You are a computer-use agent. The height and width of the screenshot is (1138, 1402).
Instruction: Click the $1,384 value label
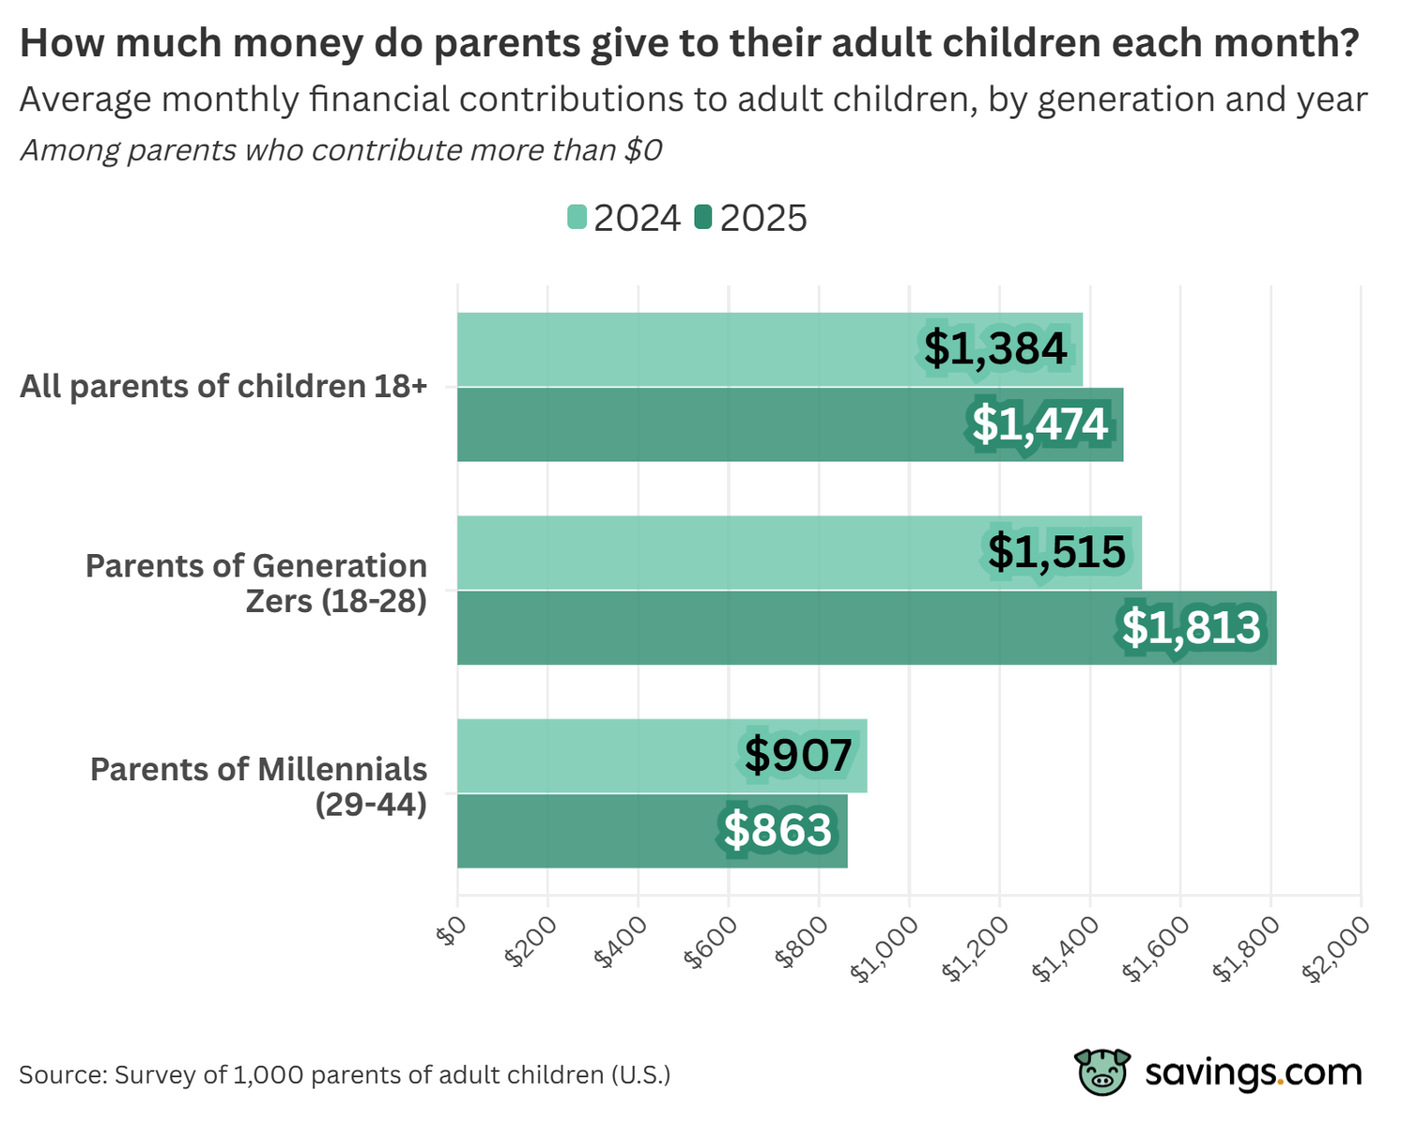(x=995, y=349)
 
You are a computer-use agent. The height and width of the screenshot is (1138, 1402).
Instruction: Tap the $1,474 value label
(x=1040, y=424)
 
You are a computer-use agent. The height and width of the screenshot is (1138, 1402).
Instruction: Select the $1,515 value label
(x=1056, y=551)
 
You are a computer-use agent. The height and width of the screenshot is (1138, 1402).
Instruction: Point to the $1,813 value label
(x=1191, y=627)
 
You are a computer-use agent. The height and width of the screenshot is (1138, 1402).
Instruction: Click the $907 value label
(x=798, y=755)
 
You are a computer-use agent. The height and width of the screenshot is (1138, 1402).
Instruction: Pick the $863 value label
(x=778, y=830)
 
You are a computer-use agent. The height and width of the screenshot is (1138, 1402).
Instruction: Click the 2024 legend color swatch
(x=577, y=218)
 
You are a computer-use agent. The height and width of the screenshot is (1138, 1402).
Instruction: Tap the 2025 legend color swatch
(x=703, y=218)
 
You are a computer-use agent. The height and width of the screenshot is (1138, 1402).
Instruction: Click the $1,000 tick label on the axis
(x=884, y=948)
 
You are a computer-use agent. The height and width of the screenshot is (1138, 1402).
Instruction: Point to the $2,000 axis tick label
(x=1336, y=948)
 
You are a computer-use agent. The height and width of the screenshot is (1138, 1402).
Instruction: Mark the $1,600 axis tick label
(x=1155, y=948)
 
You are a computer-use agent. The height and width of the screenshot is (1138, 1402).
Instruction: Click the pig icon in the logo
(x=1102, y=1072)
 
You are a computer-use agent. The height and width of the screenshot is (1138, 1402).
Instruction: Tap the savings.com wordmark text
(x=1253, y=1072)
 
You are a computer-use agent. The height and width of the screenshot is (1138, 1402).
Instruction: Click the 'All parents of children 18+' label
(x=223, y=386)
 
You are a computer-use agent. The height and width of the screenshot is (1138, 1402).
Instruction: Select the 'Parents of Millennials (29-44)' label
(x=259, y=786)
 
